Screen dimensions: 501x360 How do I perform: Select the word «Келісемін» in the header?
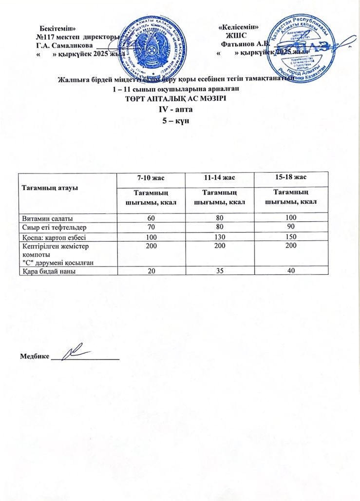(x=239, y=27)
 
